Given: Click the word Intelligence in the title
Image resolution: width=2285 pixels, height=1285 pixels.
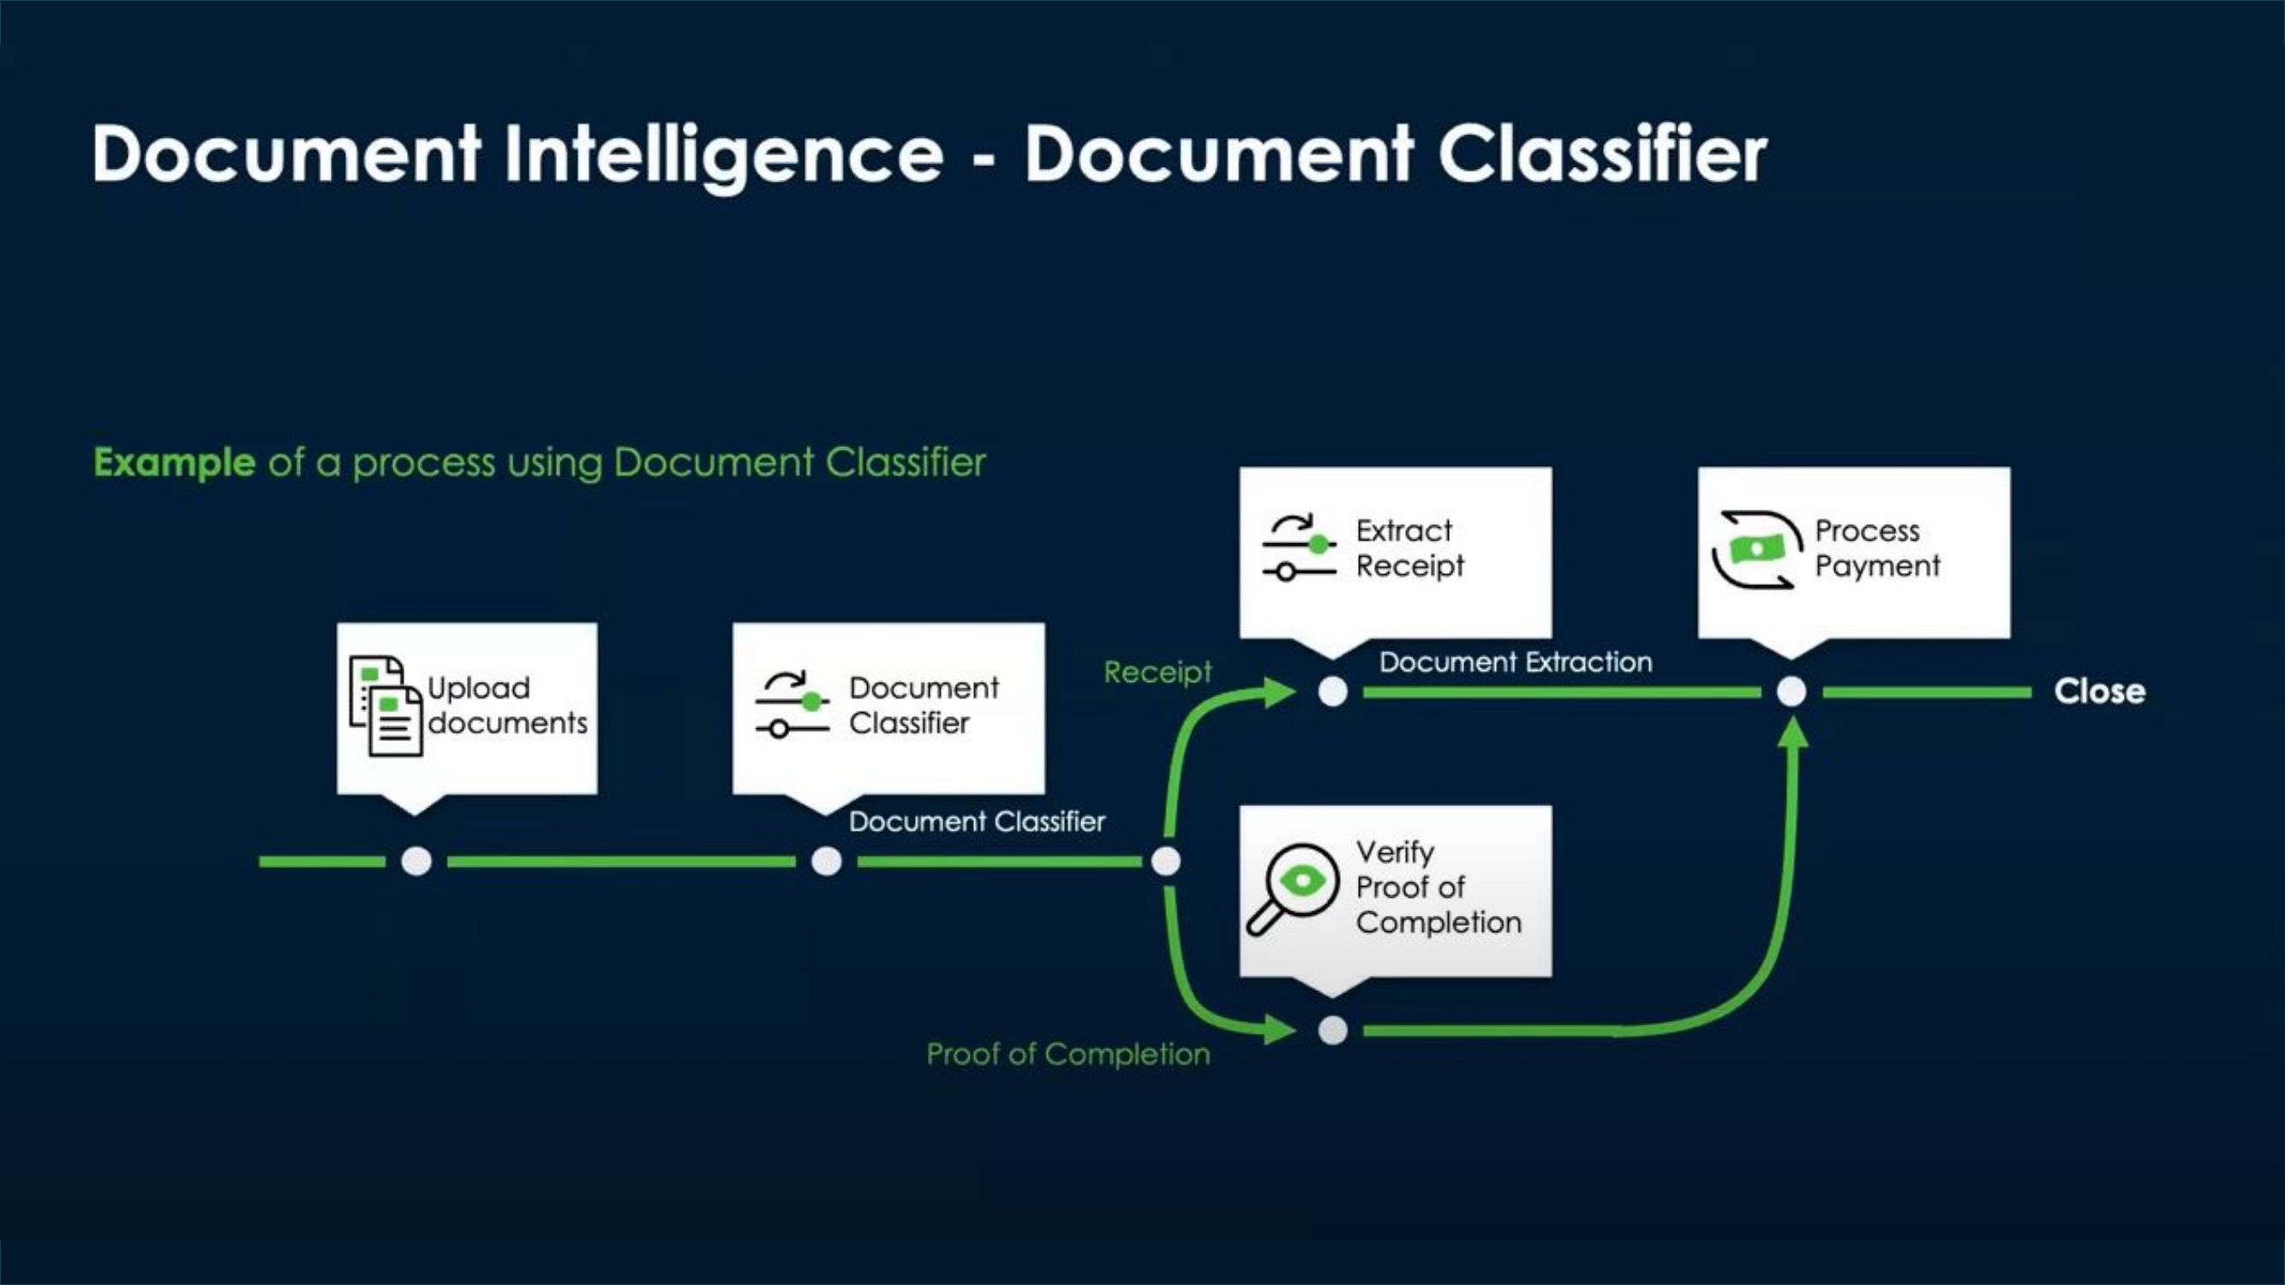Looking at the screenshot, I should coord(723,155).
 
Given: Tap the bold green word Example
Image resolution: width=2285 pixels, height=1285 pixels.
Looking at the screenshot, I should coord(175,462).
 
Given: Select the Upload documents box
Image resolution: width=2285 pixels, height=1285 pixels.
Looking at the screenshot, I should coord(467,708).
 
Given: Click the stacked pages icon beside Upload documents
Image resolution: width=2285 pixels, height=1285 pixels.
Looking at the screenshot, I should coord(385,706).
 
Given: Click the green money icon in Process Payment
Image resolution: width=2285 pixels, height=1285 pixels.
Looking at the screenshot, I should coord(1756,550).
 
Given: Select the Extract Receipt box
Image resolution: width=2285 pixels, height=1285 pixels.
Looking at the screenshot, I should coord(1396,552).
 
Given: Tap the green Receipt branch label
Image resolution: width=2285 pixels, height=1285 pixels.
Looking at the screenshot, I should coord(1157,672).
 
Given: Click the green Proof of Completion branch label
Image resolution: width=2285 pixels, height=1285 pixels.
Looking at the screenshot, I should coord(1067,1054).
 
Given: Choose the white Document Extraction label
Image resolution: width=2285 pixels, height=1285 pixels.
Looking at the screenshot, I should coord(1515,661).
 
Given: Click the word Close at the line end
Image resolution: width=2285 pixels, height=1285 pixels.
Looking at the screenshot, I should coord(2099,690).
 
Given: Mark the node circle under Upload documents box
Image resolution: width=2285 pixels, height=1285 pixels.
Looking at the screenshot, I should coord(416,860).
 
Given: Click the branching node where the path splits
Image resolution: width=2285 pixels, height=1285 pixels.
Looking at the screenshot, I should coord(1165,860).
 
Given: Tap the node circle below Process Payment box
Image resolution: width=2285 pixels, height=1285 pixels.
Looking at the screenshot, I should coord(1791,690).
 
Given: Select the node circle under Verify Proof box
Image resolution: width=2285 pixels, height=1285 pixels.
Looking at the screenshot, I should coord(1332,1030).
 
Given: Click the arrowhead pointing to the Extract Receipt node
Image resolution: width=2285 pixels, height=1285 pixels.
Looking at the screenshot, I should coord(1280,691).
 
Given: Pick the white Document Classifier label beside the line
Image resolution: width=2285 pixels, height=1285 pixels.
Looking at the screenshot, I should coord(976,822).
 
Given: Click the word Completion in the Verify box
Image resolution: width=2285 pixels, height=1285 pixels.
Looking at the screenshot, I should coord(1438,923).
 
